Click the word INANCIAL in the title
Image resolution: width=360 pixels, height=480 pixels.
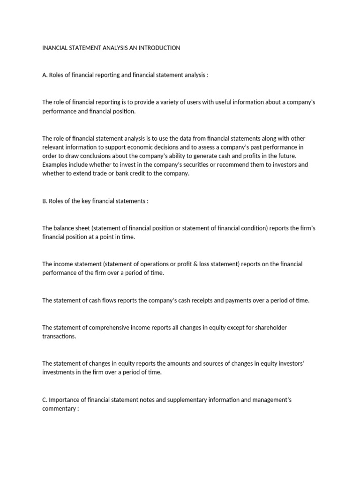pyautogui.click(x=56, y=48)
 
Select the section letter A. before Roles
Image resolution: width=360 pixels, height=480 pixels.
pyautogui.click(x=45, y=75)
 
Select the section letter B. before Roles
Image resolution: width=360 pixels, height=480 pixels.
pyautogui.click(x=45, y=201)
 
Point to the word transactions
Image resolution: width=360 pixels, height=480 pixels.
pyautogui.click(x=59, y=337)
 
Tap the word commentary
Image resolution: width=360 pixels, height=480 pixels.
pyautogui.click(x=59, y=409)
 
